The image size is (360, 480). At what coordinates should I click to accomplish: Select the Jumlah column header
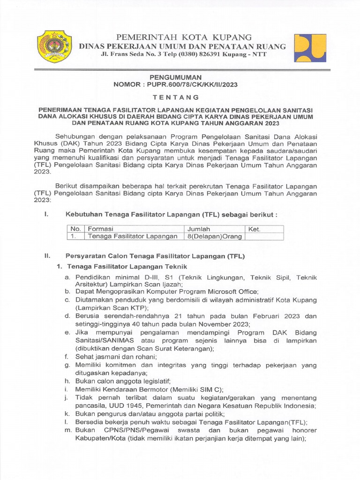pyautogui.click(x=199, y=229)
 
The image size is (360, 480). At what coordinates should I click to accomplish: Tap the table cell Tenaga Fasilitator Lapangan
pyautogui.click(x=133, y=237)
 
